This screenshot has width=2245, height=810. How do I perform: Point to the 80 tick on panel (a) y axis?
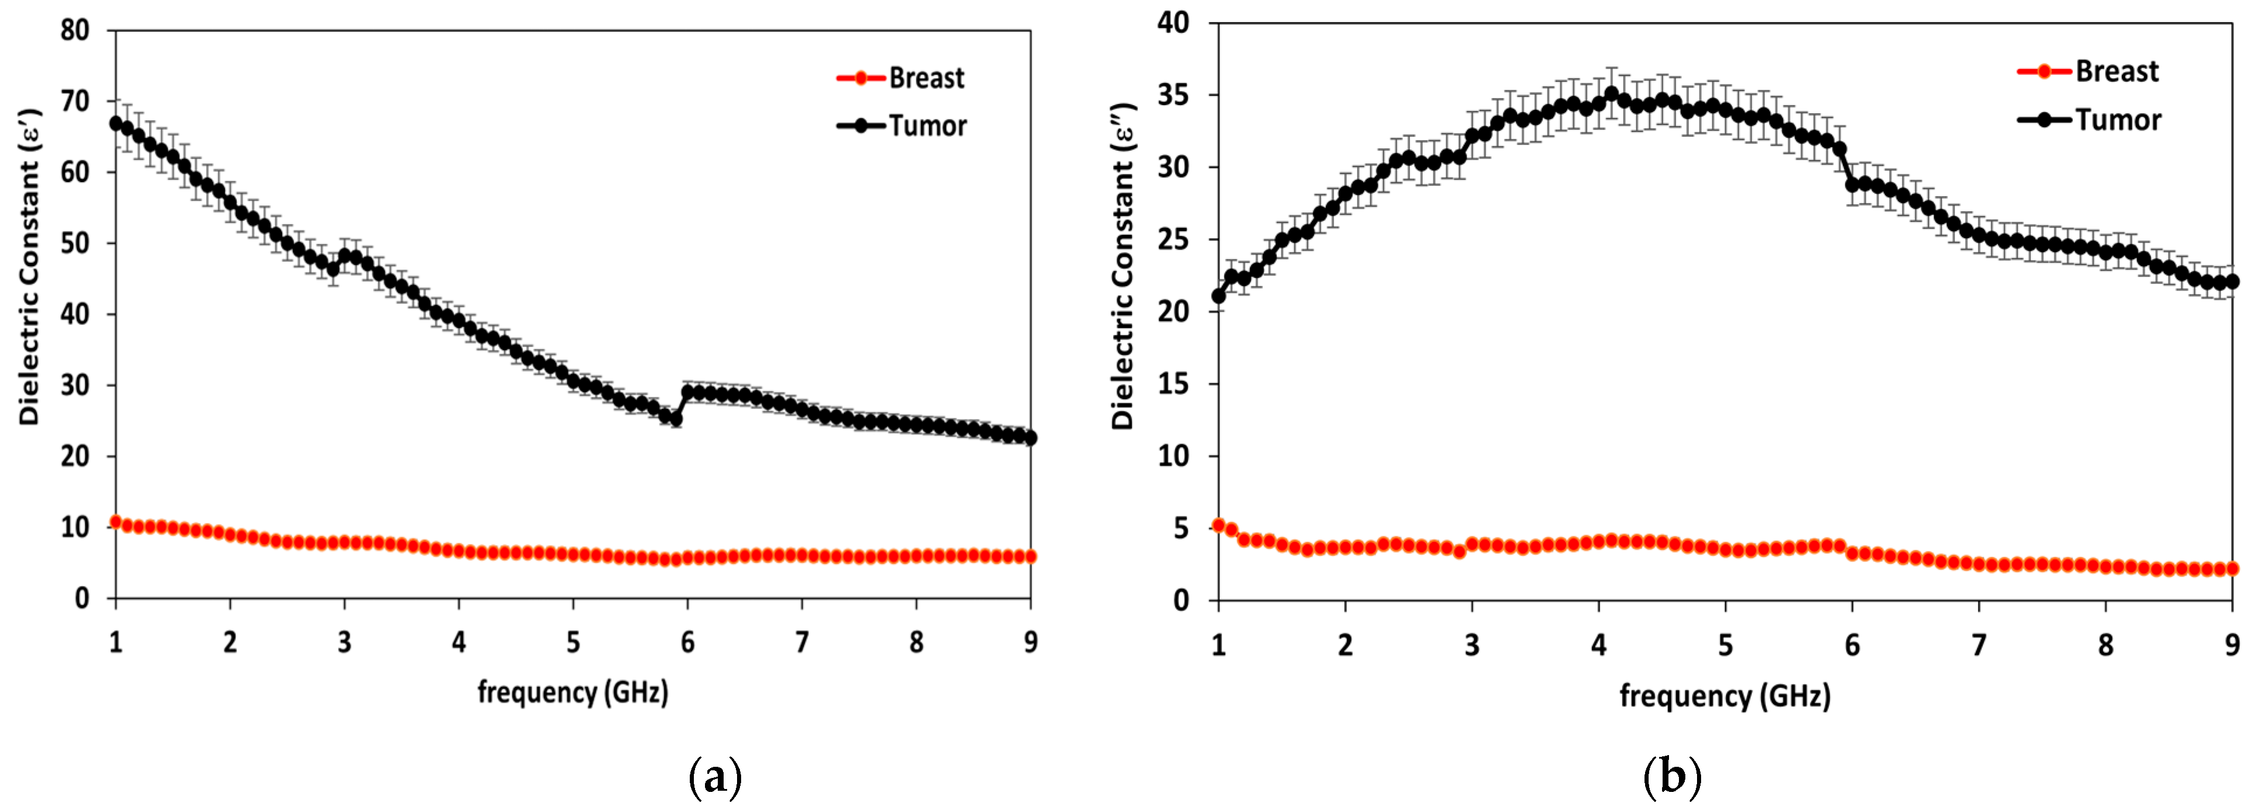click(75, 30)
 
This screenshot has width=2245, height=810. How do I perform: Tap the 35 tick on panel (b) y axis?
click(1173, 95)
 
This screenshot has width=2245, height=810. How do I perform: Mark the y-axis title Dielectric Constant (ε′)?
click(30, 267)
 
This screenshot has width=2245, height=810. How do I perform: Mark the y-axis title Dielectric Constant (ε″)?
click(1123, 267)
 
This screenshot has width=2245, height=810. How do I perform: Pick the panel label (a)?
click(715, 776)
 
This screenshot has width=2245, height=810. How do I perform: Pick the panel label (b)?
click(1671, 776)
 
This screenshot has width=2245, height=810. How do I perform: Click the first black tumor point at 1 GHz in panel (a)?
click(116, 124)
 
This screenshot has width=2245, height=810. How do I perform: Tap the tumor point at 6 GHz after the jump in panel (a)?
click(687, 392)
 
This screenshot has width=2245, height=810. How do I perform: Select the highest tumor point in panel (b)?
click(1611, 93)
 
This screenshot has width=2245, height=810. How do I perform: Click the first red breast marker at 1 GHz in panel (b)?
click(1218, 525)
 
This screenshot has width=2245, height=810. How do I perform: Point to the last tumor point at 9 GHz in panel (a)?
click(1030, 438)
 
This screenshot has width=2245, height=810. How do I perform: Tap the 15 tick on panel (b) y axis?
click(1173, 383)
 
